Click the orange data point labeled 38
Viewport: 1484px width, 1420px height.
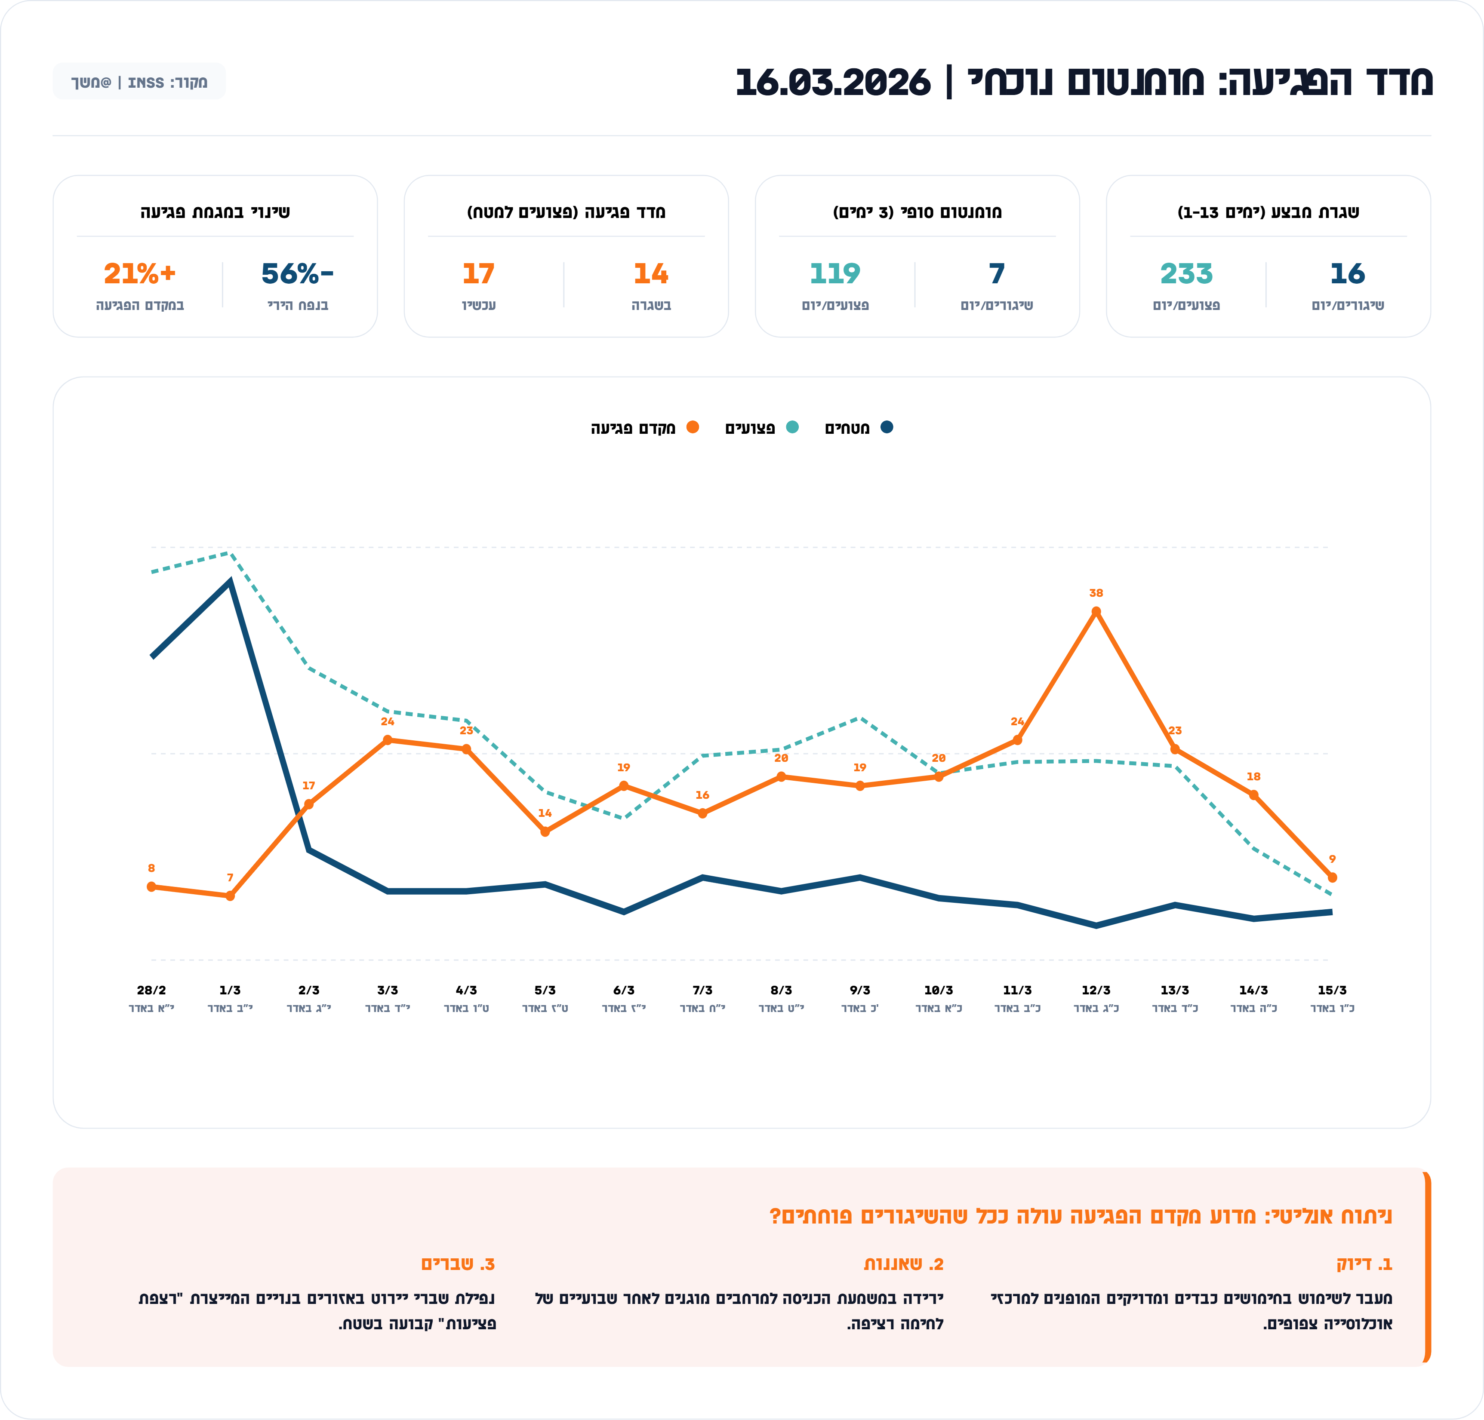pos(1096,612)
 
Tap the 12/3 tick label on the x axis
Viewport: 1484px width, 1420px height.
pos(1096,990)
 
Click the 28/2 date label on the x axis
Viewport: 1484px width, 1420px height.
pos(151,990)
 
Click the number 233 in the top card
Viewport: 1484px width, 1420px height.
pos(1185,273)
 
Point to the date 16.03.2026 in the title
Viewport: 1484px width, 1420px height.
pos(833,82)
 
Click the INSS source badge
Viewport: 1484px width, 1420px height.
pos(139,82)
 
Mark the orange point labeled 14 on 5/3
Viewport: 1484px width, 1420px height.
pos(545,831)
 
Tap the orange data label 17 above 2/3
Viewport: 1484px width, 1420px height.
pos(308,786)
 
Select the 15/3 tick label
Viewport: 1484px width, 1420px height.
pos(1332,990)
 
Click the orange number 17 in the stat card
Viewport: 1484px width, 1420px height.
pos(478,273)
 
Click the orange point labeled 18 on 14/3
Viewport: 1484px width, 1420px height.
pos(1253,795)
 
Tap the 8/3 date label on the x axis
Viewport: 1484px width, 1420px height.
pos(781,990)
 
